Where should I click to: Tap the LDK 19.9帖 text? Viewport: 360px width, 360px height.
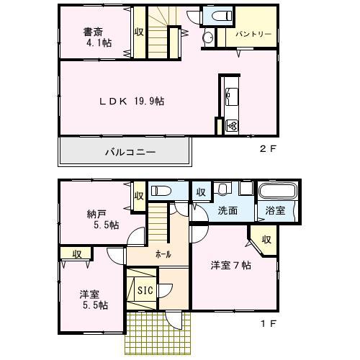(x=131, y=102)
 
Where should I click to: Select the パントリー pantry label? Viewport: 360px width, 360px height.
(x=253, y=34)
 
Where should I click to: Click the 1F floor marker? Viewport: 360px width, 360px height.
(x=268, y=324)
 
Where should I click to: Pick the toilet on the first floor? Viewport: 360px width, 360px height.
(x=161, y=191)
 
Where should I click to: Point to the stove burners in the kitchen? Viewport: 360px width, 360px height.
(x=232, y=126)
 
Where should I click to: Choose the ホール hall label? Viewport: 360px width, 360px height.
(x=163, y=254)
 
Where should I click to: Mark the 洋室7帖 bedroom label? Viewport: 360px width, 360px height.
(x=230, y=265)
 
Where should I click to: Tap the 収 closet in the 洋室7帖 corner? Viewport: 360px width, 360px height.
(x=266, y=239)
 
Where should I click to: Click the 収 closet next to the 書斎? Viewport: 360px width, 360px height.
(x=138, y=32)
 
